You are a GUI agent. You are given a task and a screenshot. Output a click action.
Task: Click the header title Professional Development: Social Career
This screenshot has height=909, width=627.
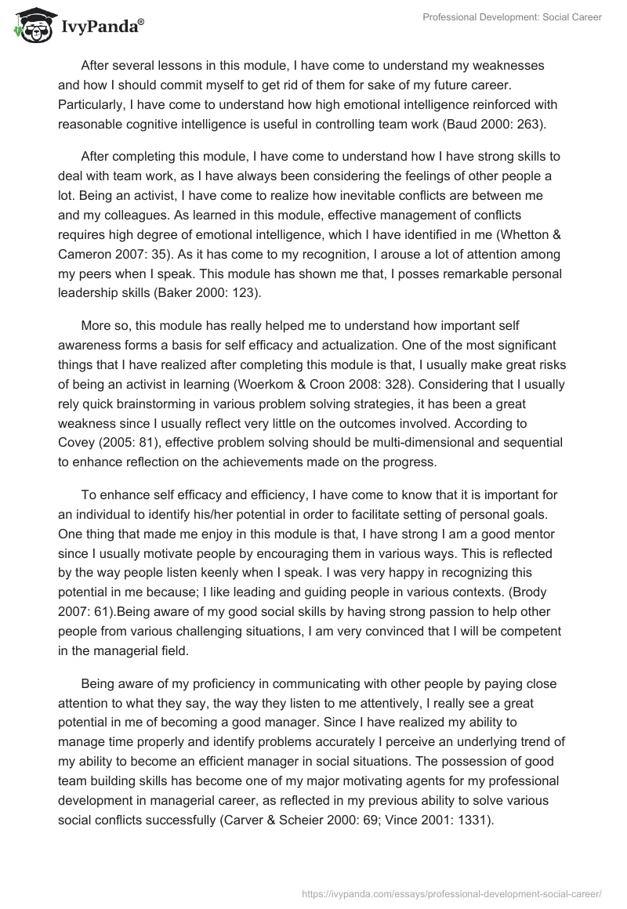pos(511,16)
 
